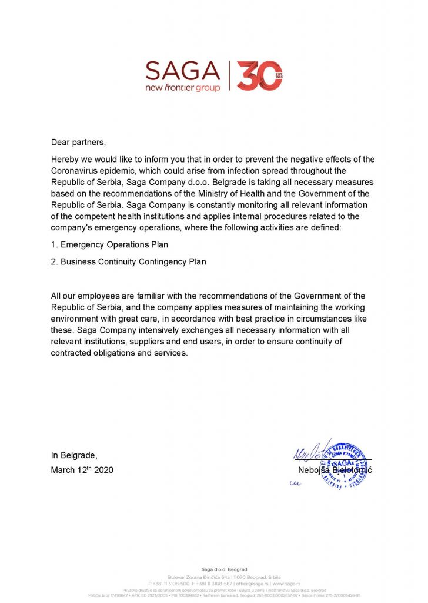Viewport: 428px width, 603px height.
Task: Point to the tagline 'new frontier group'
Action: (183, 88)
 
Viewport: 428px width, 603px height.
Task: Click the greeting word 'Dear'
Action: (61, 142)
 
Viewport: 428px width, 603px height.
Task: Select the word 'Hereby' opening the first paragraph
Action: (65, 160)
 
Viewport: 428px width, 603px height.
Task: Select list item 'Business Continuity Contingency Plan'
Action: (133, 261)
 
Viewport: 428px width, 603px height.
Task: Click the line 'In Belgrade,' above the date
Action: (74, 455)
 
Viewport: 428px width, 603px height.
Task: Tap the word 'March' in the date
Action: (63, 471)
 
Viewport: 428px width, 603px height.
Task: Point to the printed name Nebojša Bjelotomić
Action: (335, 470)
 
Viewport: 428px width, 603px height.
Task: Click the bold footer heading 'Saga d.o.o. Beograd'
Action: (225, 569)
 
